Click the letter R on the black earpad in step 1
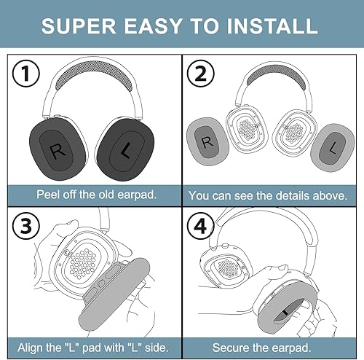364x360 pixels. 56,151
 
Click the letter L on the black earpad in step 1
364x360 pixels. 125,152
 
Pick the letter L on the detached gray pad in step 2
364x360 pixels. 332,146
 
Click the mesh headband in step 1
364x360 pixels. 90,77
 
